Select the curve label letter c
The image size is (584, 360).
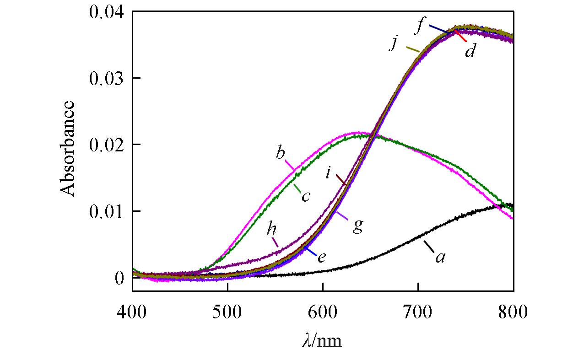[306, 197]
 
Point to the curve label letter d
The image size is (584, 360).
[470, 51]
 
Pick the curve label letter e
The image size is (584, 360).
[321, 257]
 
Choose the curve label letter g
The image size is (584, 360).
[357, 226]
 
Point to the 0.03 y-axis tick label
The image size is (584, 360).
[108, 78]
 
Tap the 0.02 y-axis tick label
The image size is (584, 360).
[108, 145]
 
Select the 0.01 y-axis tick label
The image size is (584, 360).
[108, 211]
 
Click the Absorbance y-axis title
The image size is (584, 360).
[68, 149]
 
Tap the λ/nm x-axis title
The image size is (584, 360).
[322, 340]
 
